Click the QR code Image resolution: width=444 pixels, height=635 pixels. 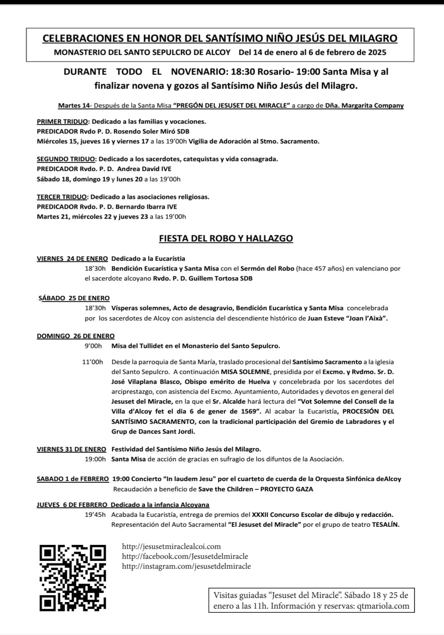pos(72,577)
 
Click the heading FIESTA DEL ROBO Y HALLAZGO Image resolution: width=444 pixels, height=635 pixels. pos(226,239)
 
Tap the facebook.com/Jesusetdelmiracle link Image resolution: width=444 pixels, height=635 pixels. pos(185,556)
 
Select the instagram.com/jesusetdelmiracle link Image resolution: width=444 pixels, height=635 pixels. pos(186,566)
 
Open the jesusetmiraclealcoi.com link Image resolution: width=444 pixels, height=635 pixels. pos(171,547)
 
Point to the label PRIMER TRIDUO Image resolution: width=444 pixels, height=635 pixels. pos(63,122)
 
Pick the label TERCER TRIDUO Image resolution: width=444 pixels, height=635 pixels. pos(62,197)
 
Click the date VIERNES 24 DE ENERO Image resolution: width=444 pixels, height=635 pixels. pos(72,259)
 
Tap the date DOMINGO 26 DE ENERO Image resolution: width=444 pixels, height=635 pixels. pos(76,336)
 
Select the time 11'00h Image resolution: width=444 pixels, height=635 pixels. pos(93,362)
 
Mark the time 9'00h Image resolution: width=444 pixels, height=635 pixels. pos(93,346)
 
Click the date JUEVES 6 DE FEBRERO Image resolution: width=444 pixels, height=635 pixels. pos(72,505)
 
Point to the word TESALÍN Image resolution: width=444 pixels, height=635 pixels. pos(386,525)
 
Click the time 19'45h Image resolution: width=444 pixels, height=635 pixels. pos(95,515)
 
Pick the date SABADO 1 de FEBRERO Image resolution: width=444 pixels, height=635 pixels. pos(73,479)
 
